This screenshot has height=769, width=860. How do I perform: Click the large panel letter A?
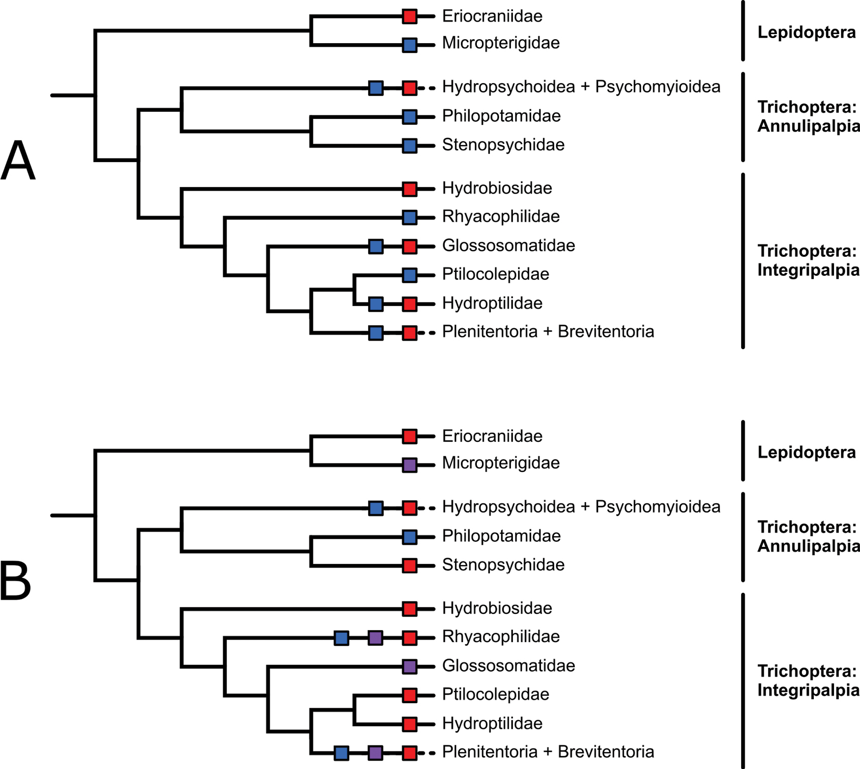click(18, 160)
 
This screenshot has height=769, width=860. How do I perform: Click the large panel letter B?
click(16, 580)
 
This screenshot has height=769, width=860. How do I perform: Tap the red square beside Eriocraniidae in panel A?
click(410, 17)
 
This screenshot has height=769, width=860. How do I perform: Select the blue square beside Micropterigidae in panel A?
click(410, 45)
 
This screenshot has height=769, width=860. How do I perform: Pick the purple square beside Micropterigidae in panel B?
click(410, 465)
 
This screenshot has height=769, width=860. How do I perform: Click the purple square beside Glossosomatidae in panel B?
click(410, 666)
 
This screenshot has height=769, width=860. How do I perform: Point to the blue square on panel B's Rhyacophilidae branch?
click(341, 638)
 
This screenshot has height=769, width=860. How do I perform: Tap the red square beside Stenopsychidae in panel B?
click(410, 566)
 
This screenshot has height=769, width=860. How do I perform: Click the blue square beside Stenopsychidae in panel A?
click(410, 146)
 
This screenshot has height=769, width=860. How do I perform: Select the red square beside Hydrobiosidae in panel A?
click(410, 189)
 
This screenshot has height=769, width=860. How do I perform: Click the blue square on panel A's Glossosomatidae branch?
click(376, 246)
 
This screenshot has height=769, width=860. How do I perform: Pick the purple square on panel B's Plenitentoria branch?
click(376, 752)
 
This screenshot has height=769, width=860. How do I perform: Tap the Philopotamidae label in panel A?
click(501, 116)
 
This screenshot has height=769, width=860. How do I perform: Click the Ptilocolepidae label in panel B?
click(495, 694)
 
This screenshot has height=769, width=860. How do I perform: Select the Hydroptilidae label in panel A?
click(492, 303)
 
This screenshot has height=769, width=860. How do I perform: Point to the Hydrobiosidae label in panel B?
click(497, 608)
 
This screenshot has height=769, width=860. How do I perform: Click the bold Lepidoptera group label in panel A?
click(806, 33)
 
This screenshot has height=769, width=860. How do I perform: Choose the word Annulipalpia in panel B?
click(808, 546)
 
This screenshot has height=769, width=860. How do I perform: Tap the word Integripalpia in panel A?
click(808, 270)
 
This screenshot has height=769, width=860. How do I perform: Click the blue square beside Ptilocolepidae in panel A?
click(410, 275)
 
